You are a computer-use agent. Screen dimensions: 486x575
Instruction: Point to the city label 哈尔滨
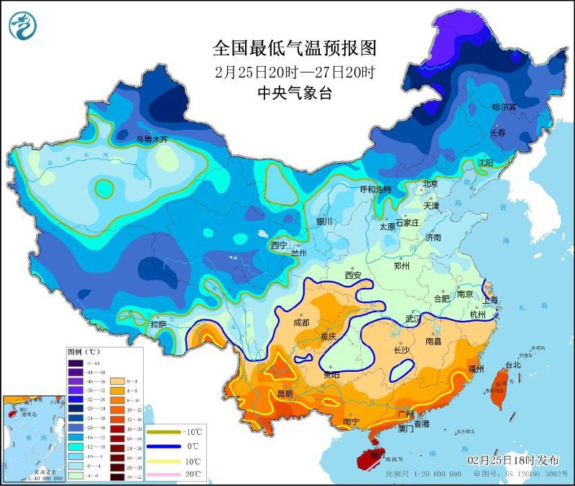tap(504, 106)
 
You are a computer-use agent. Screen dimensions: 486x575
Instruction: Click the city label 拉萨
tap(158, 324)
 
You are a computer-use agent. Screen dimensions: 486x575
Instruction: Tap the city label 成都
tap(301, 322)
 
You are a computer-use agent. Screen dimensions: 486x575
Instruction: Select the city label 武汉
tap(415, 318)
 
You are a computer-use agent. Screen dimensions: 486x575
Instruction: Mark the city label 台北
tap(513, 365)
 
